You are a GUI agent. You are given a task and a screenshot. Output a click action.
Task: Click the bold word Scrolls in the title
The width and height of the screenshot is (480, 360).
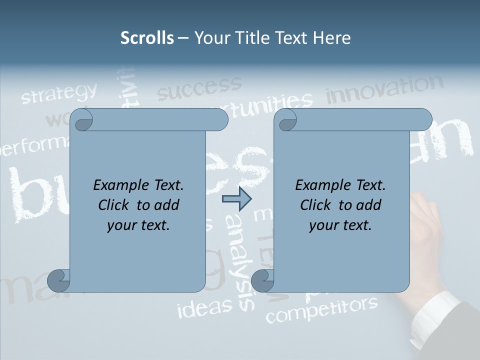[x=147, y=38]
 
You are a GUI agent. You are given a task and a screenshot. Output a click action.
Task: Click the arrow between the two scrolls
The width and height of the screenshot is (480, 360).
[x=236, y=199]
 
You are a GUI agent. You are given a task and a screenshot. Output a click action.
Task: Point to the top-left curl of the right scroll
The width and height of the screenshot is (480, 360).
[x=286, y=120]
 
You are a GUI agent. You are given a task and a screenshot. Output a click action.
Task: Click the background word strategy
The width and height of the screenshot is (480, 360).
[x=59, y=93]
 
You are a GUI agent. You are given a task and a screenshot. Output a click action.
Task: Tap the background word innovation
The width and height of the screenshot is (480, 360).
[x=384, y=89]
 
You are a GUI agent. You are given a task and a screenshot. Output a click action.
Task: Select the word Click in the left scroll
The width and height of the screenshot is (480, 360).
[x=115, y=205]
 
